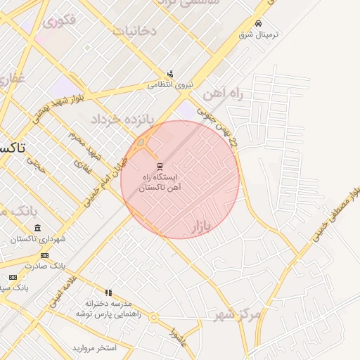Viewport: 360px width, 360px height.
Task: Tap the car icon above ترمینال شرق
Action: [259, 23]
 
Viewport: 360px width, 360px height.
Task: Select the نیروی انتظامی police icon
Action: [169, 74]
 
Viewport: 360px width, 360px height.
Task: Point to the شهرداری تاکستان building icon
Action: [37, 228]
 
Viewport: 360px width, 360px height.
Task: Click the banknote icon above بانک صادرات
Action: [44, 255]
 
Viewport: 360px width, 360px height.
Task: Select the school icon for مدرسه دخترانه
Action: [108, 292]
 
